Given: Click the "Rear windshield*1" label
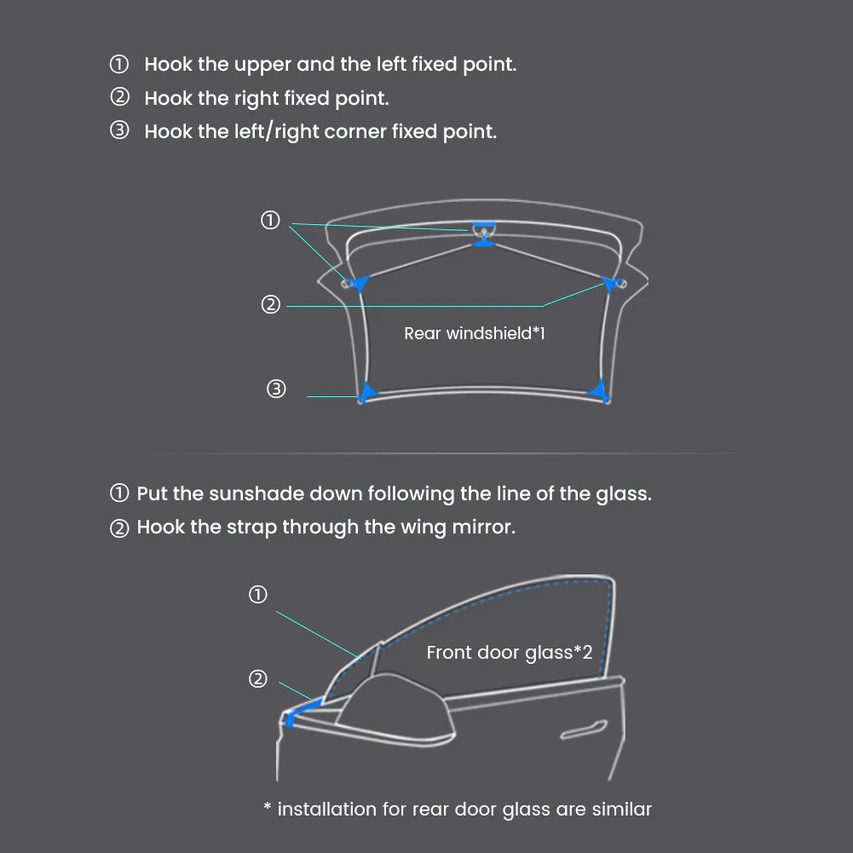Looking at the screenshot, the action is point(475,333).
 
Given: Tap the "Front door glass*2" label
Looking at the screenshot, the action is point(510,652).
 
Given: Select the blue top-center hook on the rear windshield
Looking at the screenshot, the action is point(484,234).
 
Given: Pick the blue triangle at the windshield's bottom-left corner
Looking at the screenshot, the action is point(368,391).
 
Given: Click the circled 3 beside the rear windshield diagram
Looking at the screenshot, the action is point(276,389).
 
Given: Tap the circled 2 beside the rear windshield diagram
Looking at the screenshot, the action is point(270,304).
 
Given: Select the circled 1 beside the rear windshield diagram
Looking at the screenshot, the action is point(270,220).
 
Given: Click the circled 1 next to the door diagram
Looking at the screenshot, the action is point(258,594).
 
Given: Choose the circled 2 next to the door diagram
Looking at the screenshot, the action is point(258,678).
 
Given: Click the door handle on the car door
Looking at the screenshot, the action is point(584,729).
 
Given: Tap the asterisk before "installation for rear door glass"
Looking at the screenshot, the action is point(267,805).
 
